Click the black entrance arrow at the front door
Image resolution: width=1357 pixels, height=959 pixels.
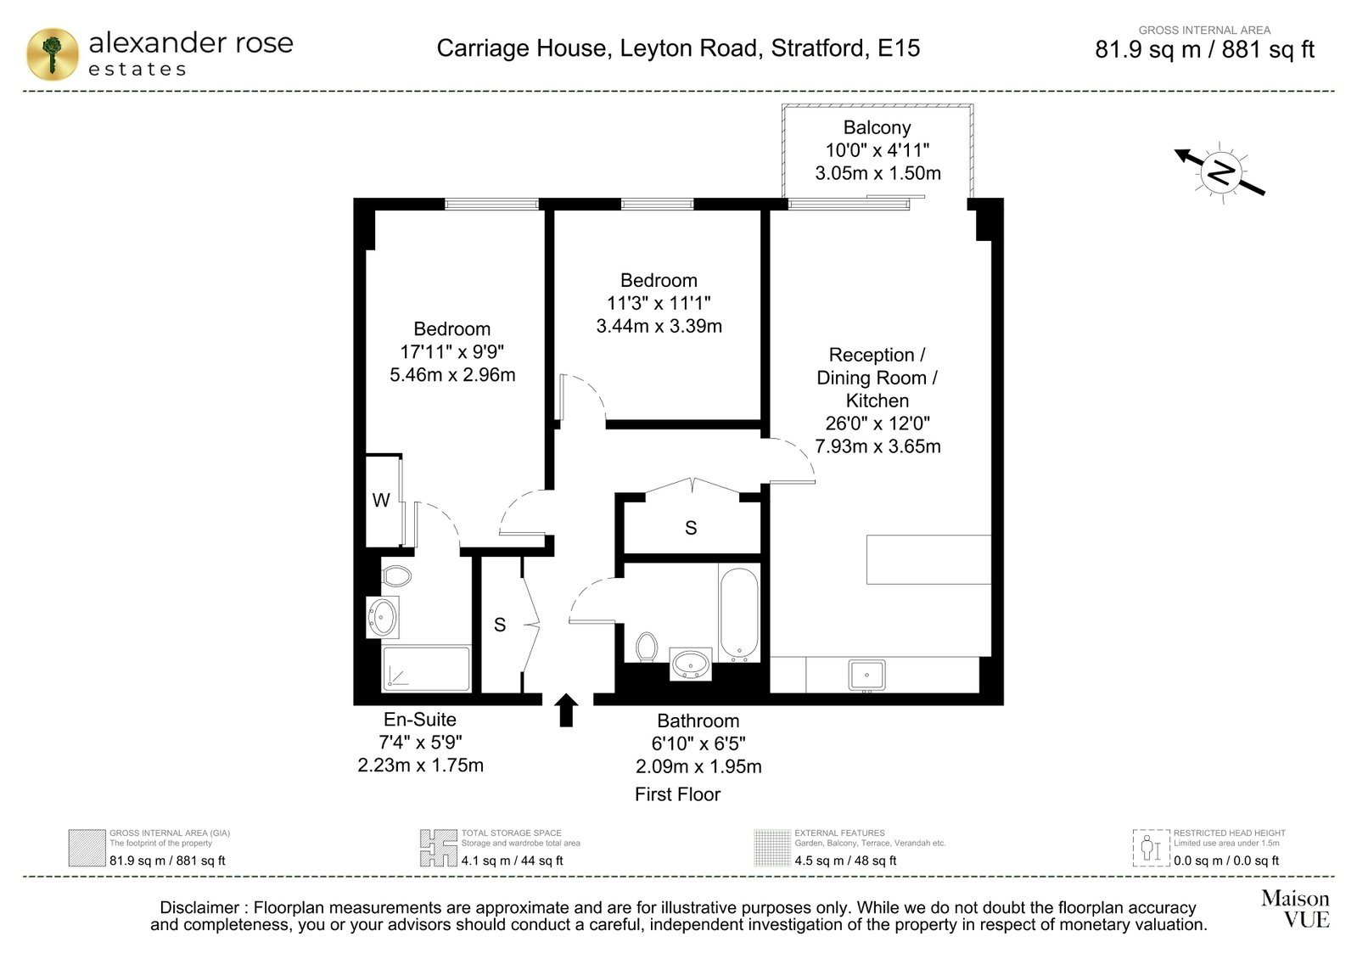566,709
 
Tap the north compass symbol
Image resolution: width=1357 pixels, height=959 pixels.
1220,172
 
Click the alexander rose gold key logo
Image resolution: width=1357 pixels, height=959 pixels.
53,54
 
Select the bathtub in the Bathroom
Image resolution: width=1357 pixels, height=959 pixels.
738,613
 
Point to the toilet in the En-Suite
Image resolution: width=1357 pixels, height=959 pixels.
396,575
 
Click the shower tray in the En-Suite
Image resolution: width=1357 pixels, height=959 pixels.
427,668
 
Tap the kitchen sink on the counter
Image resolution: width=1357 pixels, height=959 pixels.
867,674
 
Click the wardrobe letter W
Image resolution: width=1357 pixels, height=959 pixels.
381,500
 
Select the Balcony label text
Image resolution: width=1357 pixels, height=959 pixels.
878,127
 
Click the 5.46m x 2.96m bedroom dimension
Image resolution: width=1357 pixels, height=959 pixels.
452,374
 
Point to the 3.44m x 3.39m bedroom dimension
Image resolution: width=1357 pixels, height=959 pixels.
659,326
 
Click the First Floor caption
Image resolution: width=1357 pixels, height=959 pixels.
678,794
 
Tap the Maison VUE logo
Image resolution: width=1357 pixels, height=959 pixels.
1295,908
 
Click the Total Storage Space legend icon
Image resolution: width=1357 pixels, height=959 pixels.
439,848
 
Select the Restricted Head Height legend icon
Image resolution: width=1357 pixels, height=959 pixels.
1151,848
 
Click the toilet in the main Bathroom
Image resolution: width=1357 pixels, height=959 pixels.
647,647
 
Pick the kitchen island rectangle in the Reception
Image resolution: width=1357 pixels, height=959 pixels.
928,559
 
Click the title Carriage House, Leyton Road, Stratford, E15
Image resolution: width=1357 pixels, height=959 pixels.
679,48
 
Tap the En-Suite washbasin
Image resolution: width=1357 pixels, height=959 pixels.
383,617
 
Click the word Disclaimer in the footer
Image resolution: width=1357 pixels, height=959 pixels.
200,907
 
